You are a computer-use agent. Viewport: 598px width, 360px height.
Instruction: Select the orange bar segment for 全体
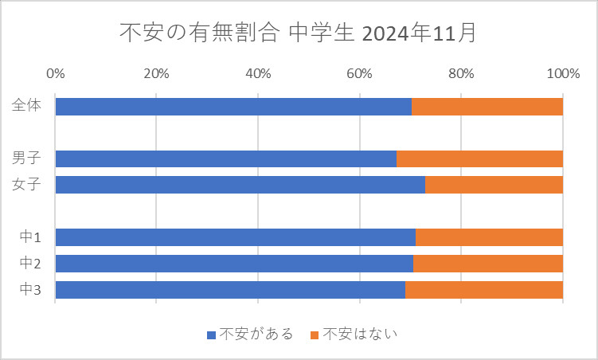(487, 107)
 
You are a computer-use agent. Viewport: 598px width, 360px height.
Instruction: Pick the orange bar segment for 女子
(494, 185)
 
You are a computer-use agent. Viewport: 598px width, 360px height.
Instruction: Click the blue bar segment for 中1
(235, 237)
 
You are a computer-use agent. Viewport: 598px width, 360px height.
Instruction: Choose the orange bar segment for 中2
(488, 264)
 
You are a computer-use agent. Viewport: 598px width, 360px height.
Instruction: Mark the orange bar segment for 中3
(484, 290)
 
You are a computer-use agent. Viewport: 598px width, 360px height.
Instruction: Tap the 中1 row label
(29, 237)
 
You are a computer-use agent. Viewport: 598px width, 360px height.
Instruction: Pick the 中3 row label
(29, 290)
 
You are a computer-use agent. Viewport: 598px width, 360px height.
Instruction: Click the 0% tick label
(56, 74)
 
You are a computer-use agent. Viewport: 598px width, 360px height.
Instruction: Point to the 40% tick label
(258, 74)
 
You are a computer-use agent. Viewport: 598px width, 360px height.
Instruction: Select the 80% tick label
(461, 74)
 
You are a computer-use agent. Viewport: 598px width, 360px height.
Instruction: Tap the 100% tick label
(563, 74)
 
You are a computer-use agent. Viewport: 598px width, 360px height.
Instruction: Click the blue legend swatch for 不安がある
(211, 335)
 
